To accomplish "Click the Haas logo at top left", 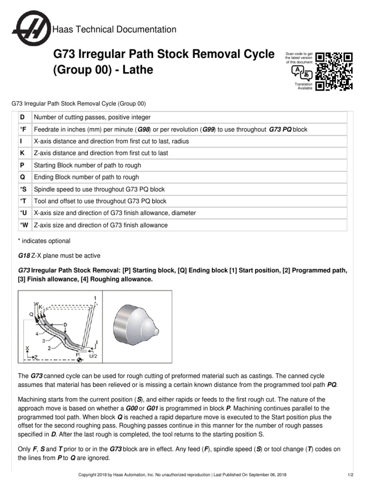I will pos(32,29).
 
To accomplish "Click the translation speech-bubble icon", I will pos(302,73).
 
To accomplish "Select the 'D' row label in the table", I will pos(22,117).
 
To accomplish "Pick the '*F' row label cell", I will pos(22,130).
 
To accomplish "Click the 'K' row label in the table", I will pos(22,153).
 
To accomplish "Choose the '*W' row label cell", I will pos(23,225).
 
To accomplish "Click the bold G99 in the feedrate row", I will pos(208,130).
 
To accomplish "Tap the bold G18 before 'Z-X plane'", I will pos(24,256).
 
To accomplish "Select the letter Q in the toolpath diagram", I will pos(31,314).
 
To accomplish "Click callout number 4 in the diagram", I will pos(37,334).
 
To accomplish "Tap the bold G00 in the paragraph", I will pos(132,408).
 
